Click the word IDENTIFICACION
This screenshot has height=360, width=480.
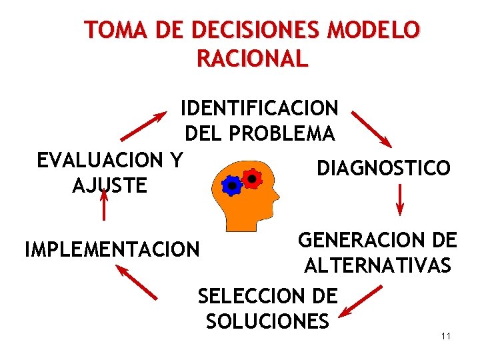coord(259,107)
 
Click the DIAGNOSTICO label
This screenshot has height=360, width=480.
coord(383,168)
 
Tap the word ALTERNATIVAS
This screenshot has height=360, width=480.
coord(377,267)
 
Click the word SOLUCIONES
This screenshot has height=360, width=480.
coord(267,321)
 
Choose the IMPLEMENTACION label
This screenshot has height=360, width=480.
coord(112,249)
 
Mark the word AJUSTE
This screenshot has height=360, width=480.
coord(109,185)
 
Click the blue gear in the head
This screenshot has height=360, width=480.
coord(231,185)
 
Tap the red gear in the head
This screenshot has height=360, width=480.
coord(251,178)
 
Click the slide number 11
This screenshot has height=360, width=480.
coord(446,335)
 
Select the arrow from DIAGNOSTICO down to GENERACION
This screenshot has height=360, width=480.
coord(400,200)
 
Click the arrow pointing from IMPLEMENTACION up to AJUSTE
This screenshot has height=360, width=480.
coord(103,205)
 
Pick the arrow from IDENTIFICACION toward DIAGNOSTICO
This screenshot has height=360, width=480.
coord(371,128)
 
